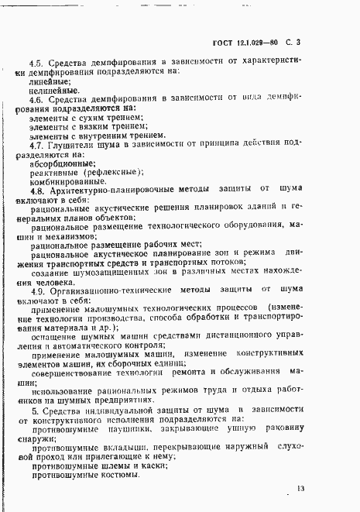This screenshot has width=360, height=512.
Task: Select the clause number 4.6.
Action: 35,99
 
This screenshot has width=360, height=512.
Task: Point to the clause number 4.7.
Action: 35,143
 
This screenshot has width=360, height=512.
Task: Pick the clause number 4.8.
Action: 35,191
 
